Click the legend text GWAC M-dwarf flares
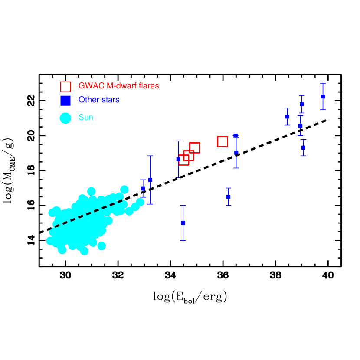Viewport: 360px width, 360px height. click(x=118, y=86)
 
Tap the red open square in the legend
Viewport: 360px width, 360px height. click(x=65, y=86)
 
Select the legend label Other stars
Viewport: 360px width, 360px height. click(x=99, y=100)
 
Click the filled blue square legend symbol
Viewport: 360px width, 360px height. click(x=65, y=100)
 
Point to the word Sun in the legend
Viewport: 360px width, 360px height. click(x=86, y=117)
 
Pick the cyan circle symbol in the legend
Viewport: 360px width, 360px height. click(x=65, y=118)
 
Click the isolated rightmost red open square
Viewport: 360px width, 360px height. click(x=223, y=141)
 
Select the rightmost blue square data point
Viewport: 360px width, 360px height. click(x=323, y=96)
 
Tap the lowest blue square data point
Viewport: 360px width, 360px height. click(x=183, y=223)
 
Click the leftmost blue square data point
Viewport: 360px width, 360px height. click(x=143, y=188)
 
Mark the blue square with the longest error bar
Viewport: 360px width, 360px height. click(x=150, y=180)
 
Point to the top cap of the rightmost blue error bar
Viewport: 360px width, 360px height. click(x=323, y=83)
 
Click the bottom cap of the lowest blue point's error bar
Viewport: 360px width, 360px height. click(x=183, y=240)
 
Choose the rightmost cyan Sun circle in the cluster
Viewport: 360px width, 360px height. click(x=140, y=202)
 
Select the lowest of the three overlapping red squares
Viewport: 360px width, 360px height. click(x=184, y=160)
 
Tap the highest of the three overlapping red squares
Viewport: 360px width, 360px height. click(x=194, y=148)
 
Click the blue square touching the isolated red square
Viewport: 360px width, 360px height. click(x=235, y=136)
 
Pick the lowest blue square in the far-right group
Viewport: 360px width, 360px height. click(x=303, y=148)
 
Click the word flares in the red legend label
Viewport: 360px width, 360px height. click(x=149, y=86)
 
